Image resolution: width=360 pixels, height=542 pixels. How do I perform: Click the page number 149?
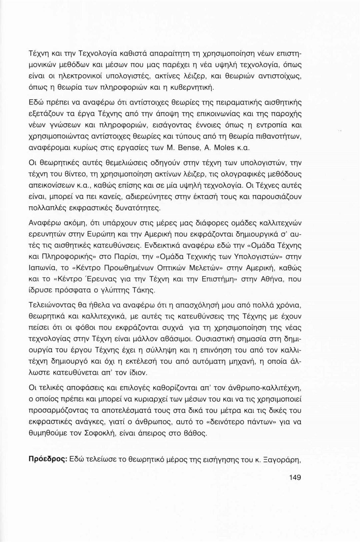click(x=295, y=477)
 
